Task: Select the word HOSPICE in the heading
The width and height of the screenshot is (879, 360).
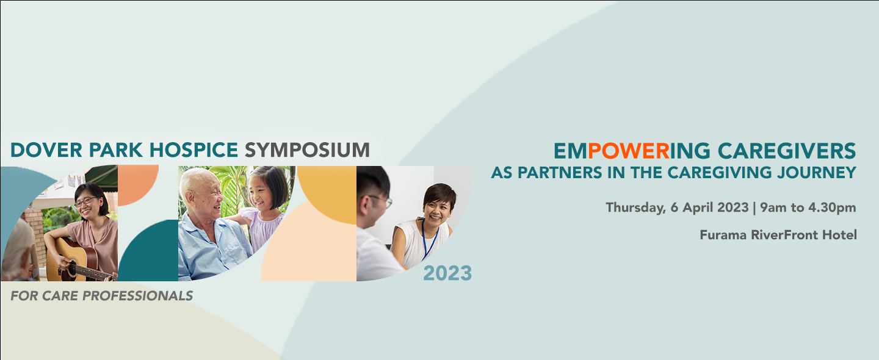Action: coord(194,150)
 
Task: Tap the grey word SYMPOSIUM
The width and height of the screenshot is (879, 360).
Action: coord(307,150)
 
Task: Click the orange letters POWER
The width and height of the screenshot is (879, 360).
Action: coord(629,151)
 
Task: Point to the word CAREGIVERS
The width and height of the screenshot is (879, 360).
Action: coord(787,151)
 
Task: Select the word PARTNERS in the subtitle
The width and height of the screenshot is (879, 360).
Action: coord(560,173)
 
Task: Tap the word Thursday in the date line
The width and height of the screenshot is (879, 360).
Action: coord(635,208)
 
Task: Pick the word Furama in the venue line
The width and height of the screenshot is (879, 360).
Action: coord(723,235)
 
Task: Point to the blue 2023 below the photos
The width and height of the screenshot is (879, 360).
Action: coord(447,273)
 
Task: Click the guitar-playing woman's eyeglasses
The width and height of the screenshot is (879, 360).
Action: coord(85,201)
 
